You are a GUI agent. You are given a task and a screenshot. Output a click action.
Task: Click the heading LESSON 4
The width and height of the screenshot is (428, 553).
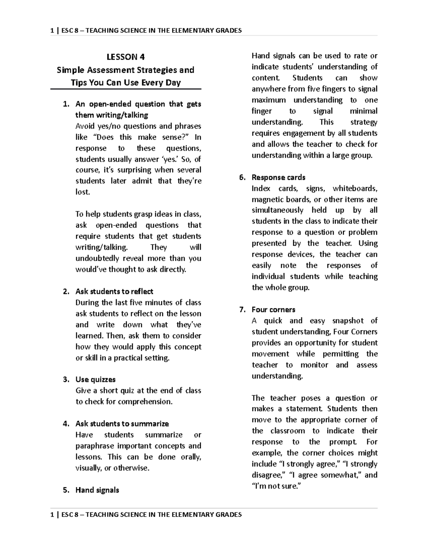coord(126,57)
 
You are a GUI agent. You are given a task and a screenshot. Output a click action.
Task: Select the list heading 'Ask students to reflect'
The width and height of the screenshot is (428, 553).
coord(114,292)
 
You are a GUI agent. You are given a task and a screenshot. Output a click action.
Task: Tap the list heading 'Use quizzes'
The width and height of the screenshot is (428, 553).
coord(95,380)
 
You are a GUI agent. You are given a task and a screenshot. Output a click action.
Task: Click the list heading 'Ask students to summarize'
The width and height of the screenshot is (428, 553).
coord(122,424)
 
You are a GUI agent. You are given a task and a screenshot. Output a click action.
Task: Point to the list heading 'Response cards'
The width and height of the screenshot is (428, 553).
coord(278,178)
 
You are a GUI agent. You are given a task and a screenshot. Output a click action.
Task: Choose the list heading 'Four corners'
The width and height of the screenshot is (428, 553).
coord(273,310)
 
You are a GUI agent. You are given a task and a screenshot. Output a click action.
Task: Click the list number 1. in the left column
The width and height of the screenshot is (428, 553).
coord(65,104)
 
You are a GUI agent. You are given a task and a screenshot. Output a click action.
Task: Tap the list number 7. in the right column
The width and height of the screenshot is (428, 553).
coord(242,310)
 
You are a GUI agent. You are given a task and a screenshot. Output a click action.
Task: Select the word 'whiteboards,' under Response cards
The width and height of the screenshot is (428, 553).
coord(355,189)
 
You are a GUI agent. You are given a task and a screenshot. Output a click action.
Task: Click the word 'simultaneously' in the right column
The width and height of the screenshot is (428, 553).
coord(277,210)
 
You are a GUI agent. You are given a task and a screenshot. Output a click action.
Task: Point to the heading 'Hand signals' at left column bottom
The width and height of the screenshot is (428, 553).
coord(97,490)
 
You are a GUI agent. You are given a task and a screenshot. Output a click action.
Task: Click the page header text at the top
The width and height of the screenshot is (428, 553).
coord(146,31)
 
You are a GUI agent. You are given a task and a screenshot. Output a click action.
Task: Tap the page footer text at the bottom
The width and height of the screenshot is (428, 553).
coord(146,515)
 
